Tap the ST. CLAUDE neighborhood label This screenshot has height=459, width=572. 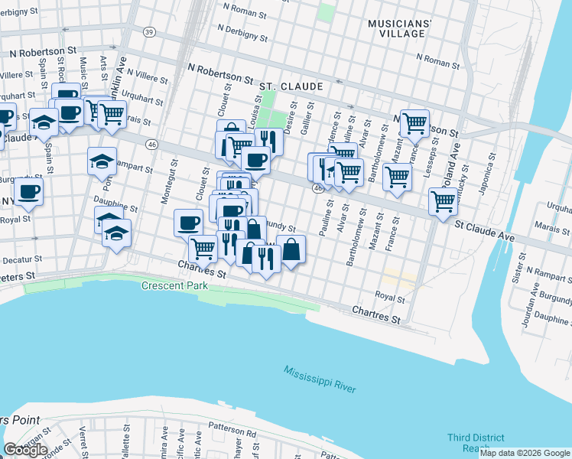(x=291, y=87)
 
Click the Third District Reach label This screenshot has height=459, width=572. (x=476, y=443)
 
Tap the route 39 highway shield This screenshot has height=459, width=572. (x=149, y=31)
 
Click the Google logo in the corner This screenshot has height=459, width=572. (x=25, y=450)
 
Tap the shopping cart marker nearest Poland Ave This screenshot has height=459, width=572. (x=444, y=201)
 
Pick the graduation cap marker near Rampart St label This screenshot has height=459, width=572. (x=102, y=161)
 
